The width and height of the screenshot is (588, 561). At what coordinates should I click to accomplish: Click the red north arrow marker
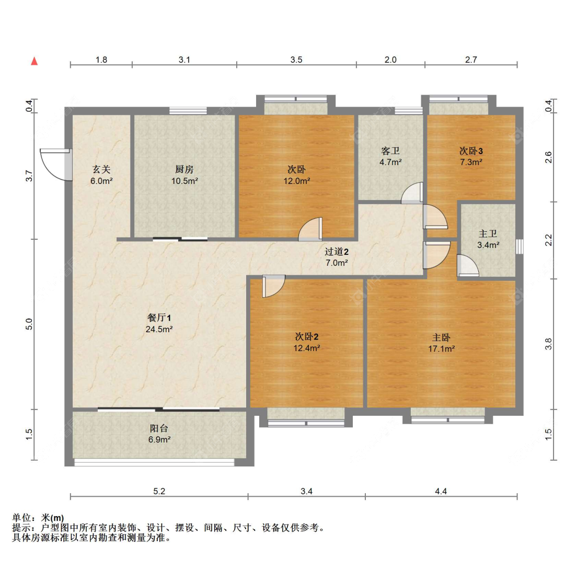pos(34,61)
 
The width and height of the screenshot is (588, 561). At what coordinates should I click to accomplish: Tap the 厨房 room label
pos(184,169)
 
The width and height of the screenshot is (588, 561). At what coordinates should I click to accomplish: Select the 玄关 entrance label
pos(101,169)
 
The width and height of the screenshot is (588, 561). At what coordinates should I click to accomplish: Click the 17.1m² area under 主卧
pos(441,349)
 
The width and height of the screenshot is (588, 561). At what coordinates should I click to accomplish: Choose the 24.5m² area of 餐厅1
pos(159,329)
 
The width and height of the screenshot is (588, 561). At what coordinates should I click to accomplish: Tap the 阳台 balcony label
pos(159,428)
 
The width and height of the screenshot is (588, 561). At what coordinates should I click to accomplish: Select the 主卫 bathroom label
pos(488,234)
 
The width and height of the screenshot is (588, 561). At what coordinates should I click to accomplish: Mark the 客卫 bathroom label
pos(390,151)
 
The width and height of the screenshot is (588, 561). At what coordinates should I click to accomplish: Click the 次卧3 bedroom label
pos(471,151)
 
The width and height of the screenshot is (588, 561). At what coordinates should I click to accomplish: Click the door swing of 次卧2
pos(273,286)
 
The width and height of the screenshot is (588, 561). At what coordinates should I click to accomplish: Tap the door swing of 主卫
pos(467,266)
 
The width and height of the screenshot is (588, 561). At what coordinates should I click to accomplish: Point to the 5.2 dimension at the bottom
pos(159,491)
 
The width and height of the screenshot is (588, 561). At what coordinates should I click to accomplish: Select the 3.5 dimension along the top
pos(296,60)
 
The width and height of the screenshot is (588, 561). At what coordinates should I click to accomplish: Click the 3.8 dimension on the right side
pos(548,344)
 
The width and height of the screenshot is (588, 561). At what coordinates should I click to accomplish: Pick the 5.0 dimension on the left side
pos(30,324)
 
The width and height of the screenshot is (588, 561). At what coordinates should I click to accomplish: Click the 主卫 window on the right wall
pos(519,247)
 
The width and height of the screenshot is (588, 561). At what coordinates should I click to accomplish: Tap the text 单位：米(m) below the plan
pos(38,518)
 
